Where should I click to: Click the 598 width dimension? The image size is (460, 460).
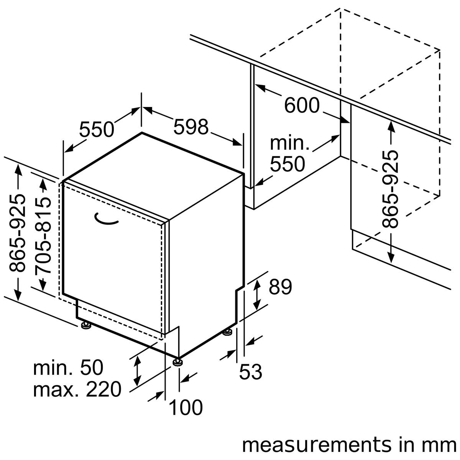191,127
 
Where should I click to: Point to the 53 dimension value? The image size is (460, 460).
250,371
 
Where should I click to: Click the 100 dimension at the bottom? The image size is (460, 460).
186,407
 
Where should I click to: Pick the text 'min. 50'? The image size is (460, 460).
68,368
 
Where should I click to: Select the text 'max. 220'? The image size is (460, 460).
77,389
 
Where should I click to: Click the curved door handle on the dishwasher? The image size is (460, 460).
106,219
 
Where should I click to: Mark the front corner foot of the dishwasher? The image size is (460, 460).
177,361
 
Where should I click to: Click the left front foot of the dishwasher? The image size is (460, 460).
85,325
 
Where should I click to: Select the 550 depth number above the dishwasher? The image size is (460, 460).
97,130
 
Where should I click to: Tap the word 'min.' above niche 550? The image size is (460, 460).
289,144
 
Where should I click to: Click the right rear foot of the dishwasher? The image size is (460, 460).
227,332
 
